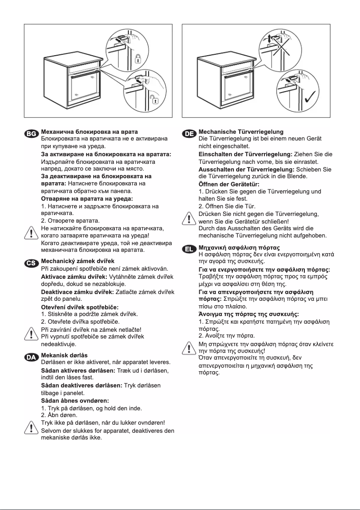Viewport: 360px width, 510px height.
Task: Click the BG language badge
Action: click(32, 133)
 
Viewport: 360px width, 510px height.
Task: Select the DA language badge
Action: click(32, 357)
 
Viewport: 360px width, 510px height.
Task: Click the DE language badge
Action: click(189, 133)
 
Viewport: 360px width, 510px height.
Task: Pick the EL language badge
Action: click(189, 248)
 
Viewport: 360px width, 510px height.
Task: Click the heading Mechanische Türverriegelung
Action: click(241, 132)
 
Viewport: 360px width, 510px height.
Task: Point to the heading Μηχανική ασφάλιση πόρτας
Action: click(239, 247)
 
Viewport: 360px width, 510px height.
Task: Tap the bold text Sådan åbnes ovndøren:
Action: click(75, 400)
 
